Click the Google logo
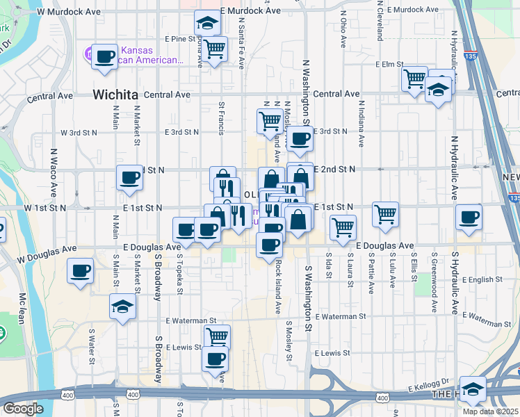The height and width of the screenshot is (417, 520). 23,408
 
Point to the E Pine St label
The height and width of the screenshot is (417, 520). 181,39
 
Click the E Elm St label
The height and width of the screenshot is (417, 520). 389,64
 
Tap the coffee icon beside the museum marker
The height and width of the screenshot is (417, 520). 104,56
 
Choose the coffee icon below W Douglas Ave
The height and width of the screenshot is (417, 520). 81,270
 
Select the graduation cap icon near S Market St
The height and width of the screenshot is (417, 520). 122,306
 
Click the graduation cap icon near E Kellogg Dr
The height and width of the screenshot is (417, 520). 473,389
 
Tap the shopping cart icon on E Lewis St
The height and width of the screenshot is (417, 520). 217,336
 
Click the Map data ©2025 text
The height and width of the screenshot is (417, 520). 491,411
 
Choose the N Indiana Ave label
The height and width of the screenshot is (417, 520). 361,126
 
